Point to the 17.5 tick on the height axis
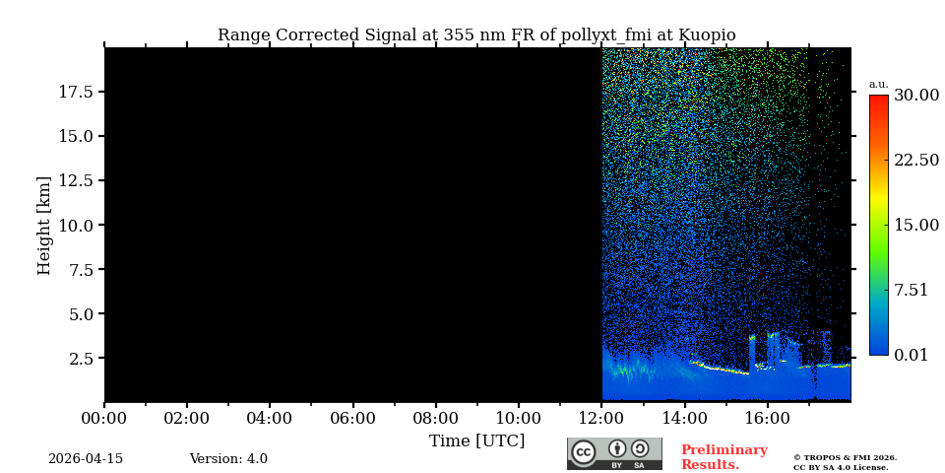point(76,92)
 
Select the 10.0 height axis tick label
point(76,225)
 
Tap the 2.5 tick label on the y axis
point(81,358)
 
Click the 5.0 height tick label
point(81,314)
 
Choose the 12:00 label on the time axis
point(602,418)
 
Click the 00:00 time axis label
point(104,418)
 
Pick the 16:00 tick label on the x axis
point(768,418)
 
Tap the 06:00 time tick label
point(352,418)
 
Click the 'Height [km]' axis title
point(44,225)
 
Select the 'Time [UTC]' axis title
point(476,440)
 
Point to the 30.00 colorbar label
point(915,96)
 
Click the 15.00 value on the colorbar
point(915,226)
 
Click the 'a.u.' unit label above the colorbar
point(878,84)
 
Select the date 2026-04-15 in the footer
point(86,459)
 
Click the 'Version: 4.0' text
point(228,459)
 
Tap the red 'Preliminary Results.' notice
point(724,457)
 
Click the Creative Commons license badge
point(614,453)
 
